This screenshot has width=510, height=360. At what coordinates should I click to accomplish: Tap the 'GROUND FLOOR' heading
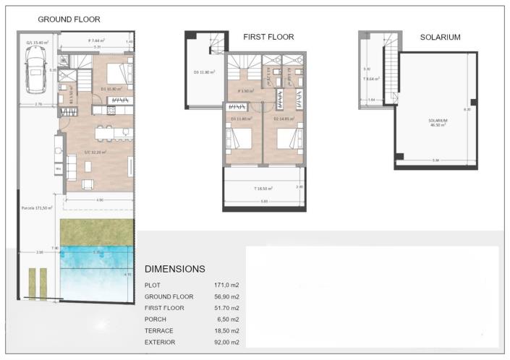[x=69, y=20]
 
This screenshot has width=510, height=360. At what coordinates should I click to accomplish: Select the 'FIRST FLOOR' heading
[x=268, y=37]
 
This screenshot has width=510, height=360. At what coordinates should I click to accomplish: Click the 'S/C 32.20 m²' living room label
[x=94, y=152]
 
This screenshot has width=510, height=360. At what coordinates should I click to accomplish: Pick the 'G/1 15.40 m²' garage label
[x=37, y=43]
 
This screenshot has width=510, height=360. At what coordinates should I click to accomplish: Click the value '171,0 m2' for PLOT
[x=226, y=286]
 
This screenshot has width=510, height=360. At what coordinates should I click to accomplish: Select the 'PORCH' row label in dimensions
[x=156, y=319]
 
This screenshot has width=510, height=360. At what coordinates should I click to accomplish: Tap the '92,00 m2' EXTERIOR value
[x=226, y=341]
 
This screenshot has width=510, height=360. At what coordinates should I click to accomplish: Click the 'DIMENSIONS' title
[x=175, y=269]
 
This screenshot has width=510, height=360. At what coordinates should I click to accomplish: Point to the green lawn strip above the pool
[x=97, y=231]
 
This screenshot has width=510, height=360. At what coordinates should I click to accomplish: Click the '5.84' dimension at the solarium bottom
[x=435, y=160]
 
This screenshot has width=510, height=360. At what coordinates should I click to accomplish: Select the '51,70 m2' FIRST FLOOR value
[x=226, y=308]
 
